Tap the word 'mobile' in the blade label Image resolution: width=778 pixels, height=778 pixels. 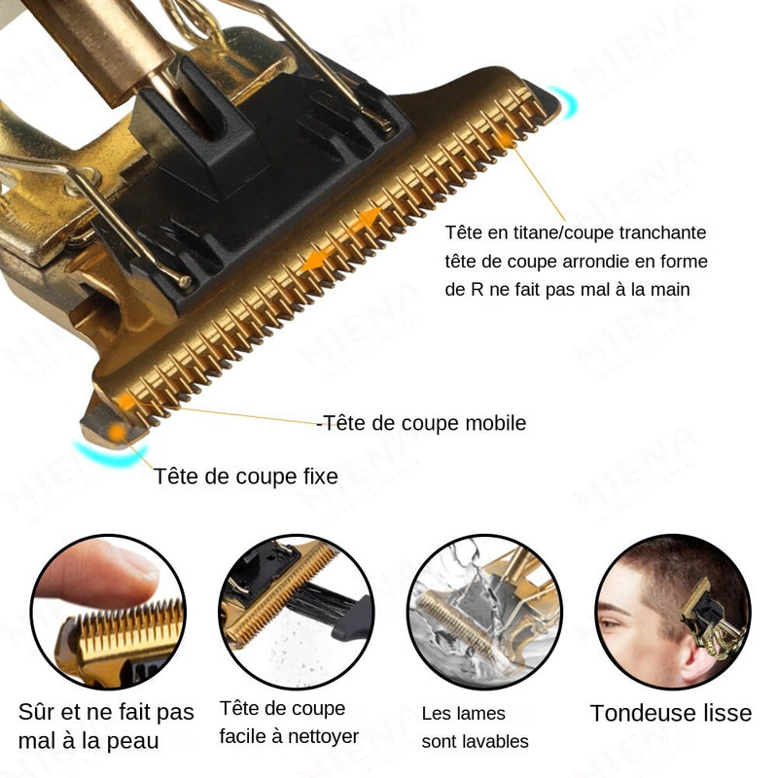(x=496, y=423)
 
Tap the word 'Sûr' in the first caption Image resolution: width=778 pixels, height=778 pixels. (x=35, y=712)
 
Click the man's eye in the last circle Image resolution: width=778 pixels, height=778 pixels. (x=614, y=621)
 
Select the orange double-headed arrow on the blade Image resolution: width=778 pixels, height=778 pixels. (x=341, y=239)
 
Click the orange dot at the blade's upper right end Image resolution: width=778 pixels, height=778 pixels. (x=505, y=139)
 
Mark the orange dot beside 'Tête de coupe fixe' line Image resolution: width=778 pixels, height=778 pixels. (x=118, y=432)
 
